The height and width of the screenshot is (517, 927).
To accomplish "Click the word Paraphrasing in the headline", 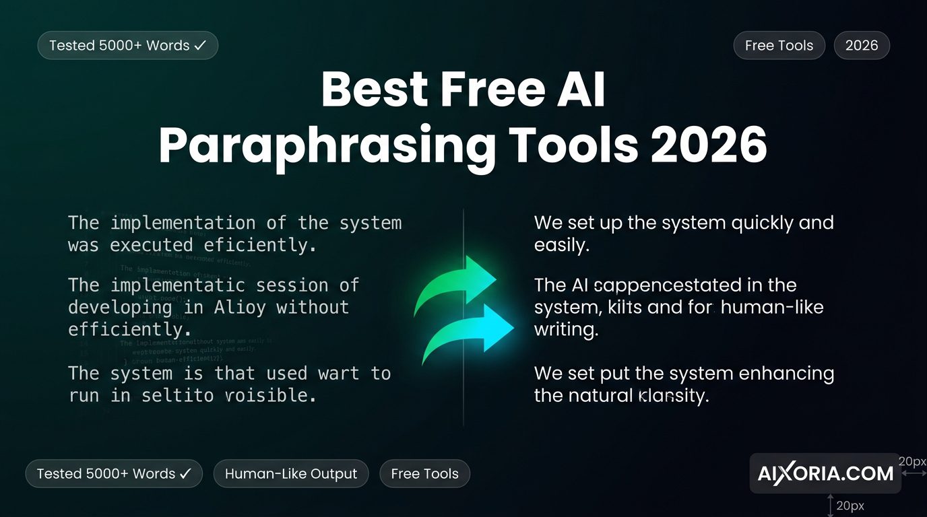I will (x=325, y=146).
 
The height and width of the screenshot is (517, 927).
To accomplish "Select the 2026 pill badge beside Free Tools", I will (x=862, y=46).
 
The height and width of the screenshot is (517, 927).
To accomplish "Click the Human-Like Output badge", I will (x=291, y=474).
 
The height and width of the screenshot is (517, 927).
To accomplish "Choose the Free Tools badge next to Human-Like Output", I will (x=424, y=474).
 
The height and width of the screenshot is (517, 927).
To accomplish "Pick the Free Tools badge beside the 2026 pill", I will (x=779, y=46).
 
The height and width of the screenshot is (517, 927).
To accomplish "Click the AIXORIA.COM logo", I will (x=825, y=474).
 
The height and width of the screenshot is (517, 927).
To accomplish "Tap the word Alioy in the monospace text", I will (x=239, y=308).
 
